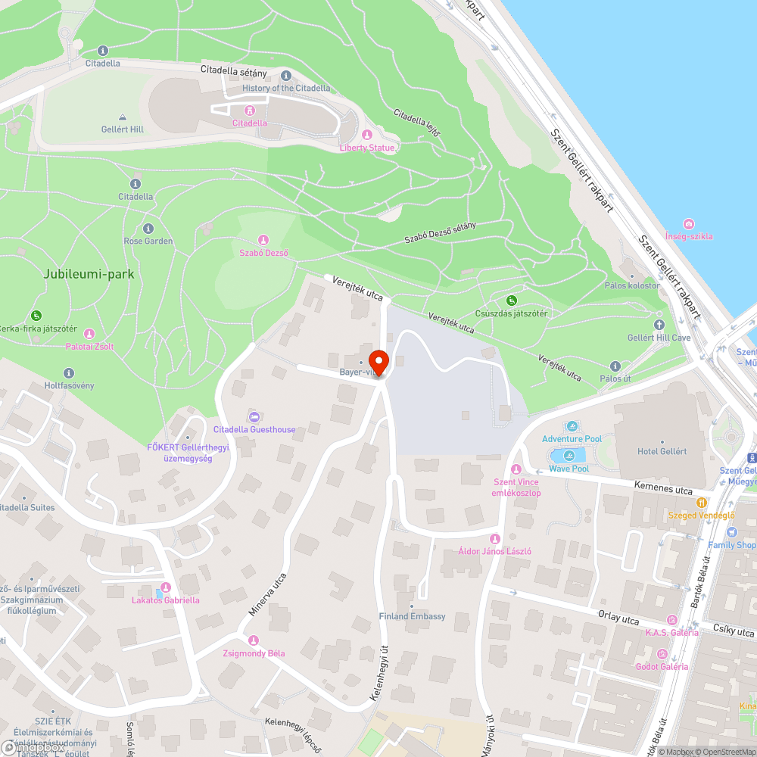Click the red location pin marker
[378, 363]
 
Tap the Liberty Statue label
[367, 148]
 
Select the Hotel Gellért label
[662, 451]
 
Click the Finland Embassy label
[412, 616]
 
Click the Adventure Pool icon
[572, 426]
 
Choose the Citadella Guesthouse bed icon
[254, 417]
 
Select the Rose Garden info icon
[148, 229]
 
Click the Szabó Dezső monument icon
[263, 240]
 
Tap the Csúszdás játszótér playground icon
[511, 301]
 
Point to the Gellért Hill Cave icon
[658, 325]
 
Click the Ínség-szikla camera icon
[688, 224]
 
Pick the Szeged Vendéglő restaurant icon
[702, 502]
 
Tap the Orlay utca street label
[618, 619]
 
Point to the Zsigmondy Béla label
[254, 653]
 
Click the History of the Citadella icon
[286, 76]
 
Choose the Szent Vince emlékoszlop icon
[516, 469]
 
